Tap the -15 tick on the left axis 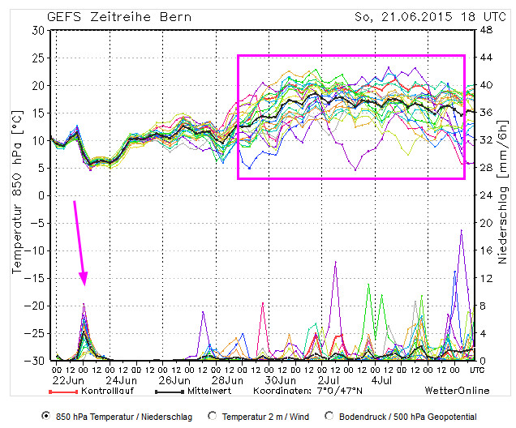pyautogui.click(x=34, y=250)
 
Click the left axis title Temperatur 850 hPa pyautogui.click(x=18, y=195)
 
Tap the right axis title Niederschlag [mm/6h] pyautogui.click(x=503, y=195)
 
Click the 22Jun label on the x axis pyautogui.click(x=69, y=379)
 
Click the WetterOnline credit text pyautogui.click(x=458, y=390)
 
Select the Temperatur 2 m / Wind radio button pyautogui.click(x=213, y=416)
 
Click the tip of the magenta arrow pyautogui.click(x=84, y=285)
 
